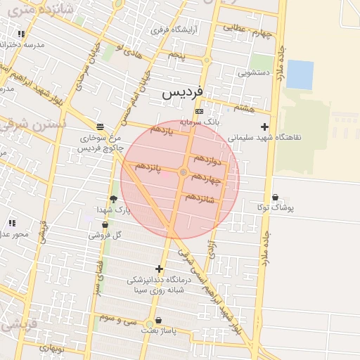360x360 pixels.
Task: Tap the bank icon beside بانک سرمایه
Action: pos(200,111)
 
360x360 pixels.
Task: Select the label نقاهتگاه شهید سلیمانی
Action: pos(265,137)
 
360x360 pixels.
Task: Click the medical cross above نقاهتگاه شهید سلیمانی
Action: pos(264,127)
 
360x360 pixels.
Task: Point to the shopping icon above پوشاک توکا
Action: pos(275,198)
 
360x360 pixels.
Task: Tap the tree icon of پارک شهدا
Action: pos(113,200)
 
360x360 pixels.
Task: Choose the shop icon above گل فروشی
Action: pos(105,225)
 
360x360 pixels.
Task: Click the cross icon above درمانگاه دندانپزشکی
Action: pos(159,269)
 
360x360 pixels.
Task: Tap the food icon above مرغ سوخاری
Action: pos(101,127)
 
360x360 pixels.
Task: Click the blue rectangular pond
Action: pos(300,75)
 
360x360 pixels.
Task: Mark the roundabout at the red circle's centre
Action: pos(184,172)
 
